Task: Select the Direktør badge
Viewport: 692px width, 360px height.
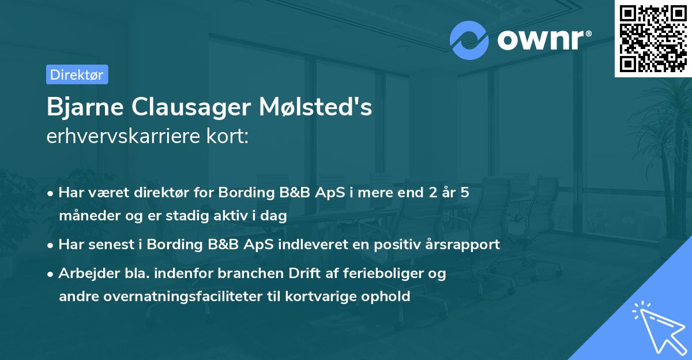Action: pyautogui.click(x=77, y=74)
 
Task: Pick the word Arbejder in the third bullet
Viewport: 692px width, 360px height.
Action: pyautogui.click(x=84, y=273)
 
